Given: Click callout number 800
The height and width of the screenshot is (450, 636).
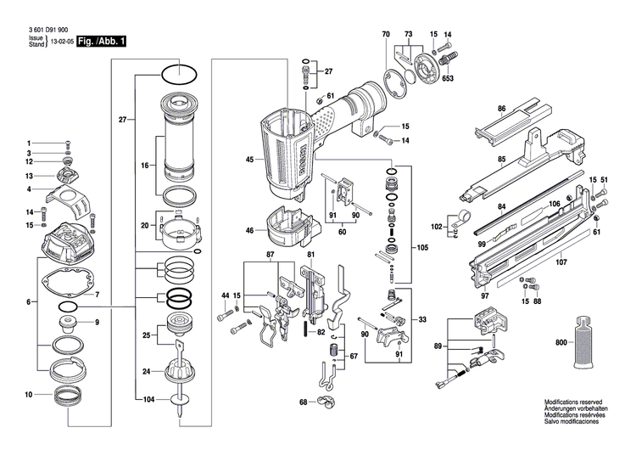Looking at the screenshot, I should (x=561, y=341).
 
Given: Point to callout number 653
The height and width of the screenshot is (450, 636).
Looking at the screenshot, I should (x=448, y=79).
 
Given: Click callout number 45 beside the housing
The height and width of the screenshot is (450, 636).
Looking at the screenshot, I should (x=249, y=160).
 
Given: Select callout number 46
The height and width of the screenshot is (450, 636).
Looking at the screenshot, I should (x=249, y=230).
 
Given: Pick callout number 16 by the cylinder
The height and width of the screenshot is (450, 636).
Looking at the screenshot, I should (x=145, y=166).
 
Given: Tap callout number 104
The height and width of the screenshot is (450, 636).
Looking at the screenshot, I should (x=149, y=398).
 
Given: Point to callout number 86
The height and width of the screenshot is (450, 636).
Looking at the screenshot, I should (x=501, y=109).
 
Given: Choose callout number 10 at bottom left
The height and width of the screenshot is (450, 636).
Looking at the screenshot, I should (x=28, y=395).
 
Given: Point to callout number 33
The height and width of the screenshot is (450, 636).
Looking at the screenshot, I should (x=422, y=319).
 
